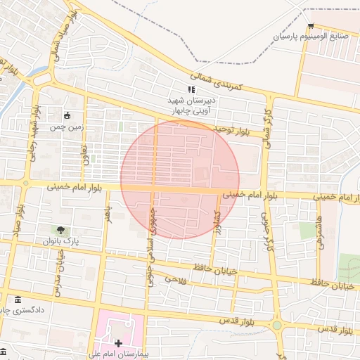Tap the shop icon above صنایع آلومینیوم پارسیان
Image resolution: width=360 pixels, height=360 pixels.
[x=311, y=25]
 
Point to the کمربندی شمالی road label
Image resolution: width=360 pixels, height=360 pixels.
[x=217, y=80]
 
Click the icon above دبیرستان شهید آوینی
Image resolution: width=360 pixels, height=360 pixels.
[x=191, y=89]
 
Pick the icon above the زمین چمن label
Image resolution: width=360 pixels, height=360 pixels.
[x=67, y=116]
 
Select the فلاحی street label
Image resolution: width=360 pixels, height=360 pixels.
[x=174, y=279]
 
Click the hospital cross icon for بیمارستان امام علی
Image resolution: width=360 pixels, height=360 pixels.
[x=118, y=343]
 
